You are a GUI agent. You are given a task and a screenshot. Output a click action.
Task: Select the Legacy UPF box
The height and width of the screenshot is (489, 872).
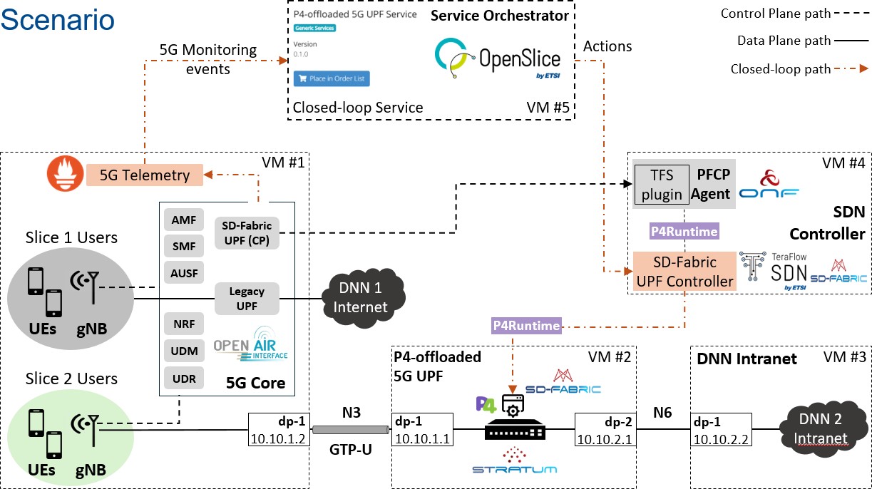point(247,299)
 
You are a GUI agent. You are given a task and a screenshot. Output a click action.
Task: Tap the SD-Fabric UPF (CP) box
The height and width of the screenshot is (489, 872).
point(247,232)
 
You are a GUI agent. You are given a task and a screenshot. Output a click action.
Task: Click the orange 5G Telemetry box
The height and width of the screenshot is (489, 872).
point(144,175)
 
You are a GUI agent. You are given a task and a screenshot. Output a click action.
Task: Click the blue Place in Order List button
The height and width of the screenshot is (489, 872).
point(332,78)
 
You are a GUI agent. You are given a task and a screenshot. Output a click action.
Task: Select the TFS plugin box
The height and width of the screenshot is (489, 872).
point(662,185)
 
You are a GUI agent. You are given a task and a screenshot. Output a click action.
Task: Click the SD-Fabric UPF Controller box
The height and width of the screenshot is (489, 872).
point(685,272)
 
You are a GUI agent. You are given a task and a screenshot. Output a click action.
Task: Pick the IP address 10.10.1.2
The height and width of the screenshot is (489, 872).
point(279,438)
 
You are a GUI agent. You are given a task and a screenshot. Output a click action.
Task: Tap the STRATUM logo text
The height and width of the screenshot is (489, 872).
point(514,469)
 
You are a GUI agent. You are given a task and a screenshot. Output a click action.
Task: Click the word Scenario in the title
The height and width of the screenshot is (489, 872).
point(58,19)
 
